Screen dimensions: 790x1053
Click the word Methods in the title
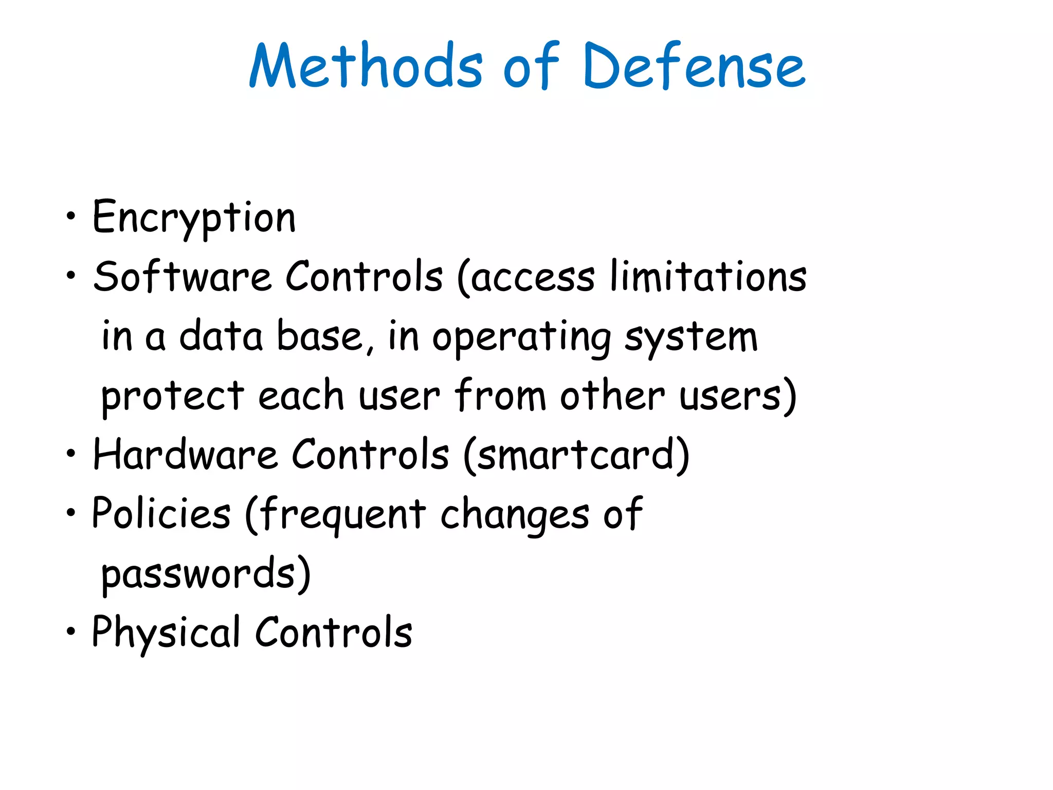point(366,66)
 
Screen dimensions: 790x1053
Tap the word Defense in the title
point(694,66)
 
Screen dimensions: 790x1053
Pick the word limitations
point(709,277)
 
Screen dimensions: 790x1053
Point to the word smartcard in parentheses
point(576,455)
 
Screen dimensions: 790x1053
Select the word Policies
point(161,513)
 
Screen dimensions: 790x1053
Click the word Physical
point(166,633)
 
